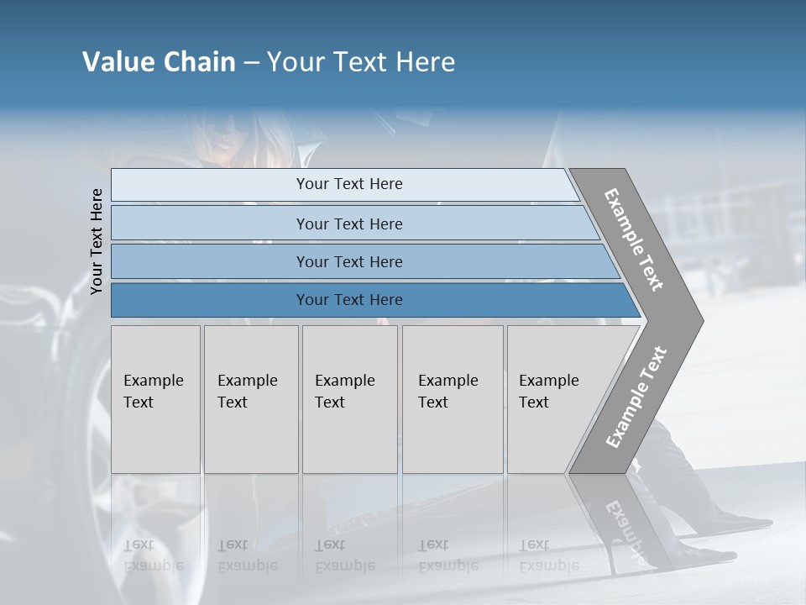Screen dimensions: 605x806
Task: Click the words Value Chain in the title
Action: click(159, 62)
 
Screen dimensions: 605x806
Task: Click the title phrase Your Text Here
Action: click(361, 62)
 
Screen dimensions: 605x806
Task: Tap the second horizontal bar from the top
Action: click(349, 224)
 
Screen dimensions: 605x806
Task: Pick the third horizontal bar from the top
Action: click(349, 261)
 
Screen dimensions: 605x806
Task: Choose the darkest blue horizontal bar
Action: click(349, 300)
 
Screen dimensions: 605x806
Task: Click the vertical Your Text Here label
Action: click(97, 241)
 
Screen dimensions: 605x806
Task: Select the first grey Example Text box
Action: click(155, 399)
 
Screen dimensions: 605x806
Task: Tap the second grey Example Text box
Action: click(250, 399)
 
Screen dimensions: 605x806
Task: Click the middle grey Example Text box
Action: click(349, 399)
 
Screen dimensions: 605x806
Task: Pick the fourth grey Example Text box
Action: click(452, 399)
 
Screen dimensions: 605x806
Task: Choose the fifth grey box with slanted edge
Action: click(554, 399)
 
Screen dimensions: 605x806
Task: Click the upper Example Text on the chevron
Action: click(634, 239)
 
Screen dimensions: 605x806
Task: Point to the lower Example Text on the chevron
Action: click(636, 397)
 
